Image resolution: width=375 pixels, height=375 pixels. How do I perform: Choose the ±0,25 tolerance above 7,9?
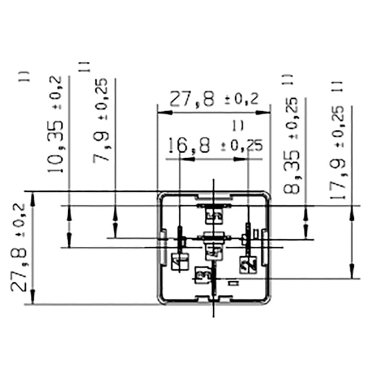(x=102, y=98)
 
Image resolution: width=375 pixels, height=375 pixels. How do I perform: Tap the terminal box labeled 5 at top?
(x=214, y=216)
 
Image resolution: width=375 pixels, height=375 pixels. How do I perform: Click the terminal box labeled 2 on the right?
(x=248, y=264)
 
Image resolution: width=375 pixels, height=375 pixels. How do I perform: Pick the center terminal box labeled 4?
(x=214, y=251)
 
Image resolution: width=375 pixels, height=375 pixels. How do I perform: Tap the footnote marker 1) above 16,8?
(x=237, y=126)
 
